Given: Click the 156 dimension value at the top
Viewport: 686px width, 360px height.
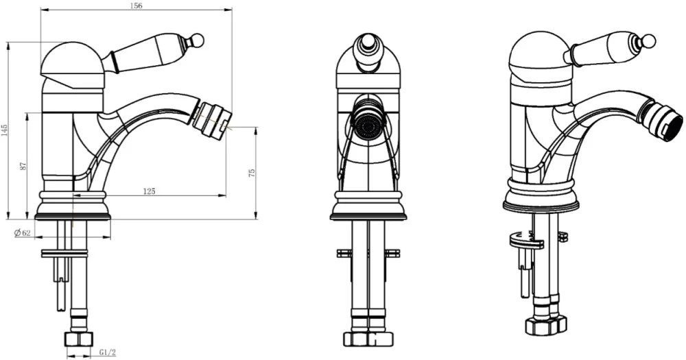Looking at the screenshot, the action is pyautogui.click(x=137, y=6).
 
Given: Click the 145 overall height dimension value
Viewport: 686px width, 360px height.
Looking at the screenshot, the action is pyautogui.click(x=4, y=130).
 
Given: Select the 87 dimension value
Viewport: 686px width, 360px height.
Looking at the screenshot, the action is pyautogui.click(x=23, y=166).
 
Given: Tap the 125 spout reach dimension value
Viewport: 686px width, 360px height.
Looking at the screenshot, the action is pyautogui.click(x=149, y=191).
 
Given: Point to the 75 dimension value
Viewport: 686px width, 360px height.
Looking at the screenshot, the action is pyautogui.click(x=251, y=173).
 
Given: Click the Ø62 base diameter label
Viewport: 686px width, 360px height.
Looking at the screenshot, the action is pyautogui.click(x=23, y=233).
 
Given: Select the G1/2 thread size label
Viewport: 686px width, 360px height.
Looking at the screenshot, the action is pyautogui.click(x=107, y=352).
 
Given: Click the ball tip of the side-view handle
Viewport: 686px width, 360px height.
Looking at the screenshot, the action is pyautogui.click(x=199, y=40).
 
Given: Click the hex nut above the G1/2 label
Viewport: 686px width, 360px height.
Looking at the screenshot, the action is pyautogui.click(x=79, y=339).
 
